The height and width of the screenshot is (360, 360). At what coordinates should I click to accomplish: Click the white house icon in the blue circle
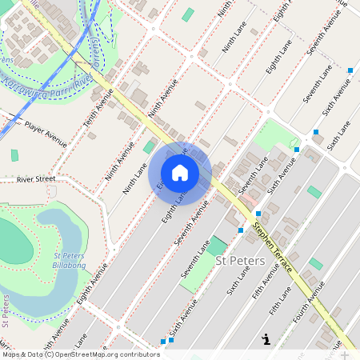click(180, 173)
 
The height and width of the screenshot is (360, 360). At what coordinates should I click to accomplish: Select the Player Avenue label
click(46, 126)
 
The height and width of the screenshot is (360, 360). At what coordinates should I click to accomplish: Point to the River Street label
click(36, 179)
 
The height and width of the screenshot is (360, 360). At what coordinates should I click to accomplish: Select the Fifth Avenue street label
click(266, 282)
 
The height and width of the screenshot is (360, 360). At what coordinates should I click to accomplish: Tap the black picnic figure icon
click(266, 339)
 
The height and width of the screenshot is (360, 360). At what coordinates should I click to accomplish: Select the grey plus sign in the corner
click(345, 354)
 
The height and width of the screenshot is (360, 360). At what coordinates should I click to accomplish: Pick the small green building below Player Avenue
click(14, 155)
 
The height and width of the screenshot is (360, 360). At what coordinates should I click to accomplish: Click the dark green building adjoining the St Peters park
click(218, 246)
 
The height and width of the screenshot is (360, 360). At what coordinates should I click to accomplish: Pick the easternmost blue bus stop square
click(350, 71)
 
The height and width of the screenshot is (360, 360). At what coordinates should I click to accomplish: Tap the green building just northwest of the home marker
click(149, 146)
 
